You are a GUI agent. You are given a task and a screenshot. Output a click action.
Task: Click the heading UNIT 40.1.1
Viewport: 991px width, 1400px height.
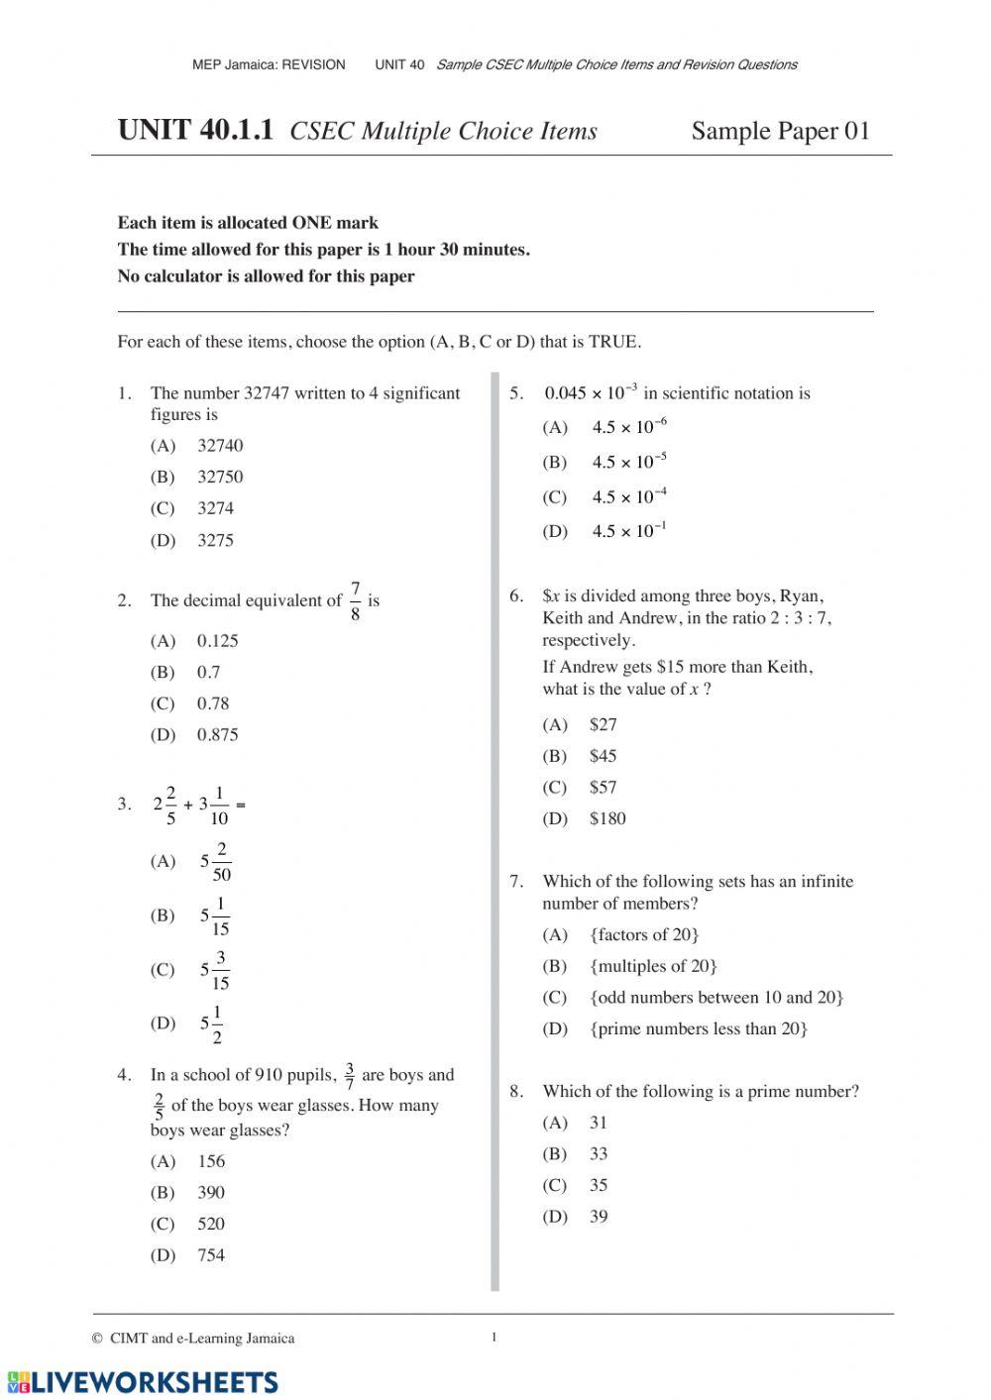coord(194,131)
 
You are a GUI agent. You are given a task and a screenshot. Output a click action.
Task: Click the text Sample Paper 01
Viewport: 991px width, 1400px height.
coord(780,131)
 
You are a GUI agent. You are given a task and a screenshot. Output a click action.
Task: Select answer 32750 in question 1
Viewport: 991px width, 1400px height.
coord(219,477)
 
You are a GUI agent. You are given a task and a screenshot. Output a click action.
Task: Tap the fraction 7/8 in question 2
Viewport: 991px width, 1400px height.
coord(355,601)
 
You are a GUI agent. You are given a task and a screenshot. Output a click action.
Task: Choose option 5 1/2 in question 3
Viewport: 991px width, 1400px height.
coord(211,1023)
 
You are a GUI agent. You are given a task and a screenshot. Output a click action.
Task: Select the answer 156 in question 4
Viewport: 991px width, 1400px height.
coord(211,1161)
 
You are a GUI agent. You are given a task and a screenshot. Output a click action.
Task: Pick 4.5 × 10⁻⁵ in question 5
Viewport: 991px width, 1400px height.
coord(629,462)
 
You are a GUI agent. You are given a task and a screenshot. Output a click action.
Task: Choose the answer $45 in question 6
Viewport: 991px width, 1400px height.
coord(603,756)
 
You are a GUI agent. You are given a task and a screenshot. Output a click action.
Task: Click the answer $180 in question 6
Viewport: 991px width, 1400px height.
coord(606,818)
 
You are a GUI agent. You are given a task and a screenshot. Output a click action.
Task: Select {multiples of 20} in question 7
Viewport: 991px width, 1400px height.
coord(653,966)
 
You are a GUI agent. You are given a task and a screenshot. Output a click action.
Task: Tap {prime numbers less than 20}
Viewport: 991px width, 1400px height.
coord(699,1028)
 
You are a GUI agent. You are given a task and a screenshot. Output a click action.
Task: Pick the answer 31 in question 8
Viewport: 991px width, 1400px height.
coord(598,1123)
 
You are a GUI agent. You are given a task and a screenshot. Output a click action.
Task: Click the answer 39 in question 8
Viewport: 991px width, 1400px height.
coord(598,1217)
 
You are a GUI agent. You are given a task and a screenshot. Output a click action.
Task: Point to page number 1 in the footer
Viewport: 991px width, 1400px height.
coord(494,1338)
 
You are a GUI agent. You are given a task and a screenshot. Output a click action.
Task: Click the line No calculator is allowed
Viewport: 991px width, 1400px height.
coord(266,276)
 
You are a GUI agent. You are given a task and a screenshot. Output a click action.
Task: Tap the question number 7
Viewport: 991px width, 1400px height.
coord(515,882)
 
